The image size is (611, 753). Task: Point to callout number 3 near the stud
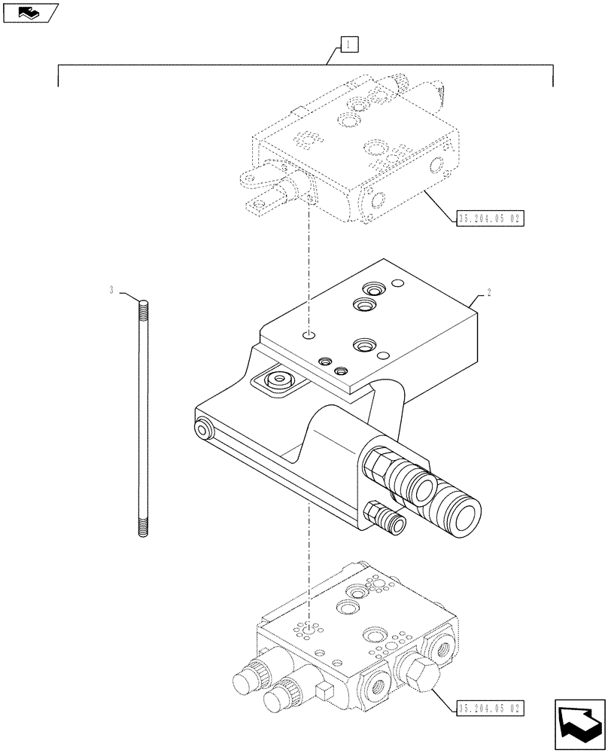(112, 290)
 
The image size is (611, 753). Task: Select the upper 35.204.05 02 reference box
(489, 219)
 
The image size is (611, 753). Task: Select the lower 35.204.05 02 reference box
(489, 708)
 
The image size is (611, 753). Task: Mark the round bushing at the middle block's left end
(202, 430)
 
